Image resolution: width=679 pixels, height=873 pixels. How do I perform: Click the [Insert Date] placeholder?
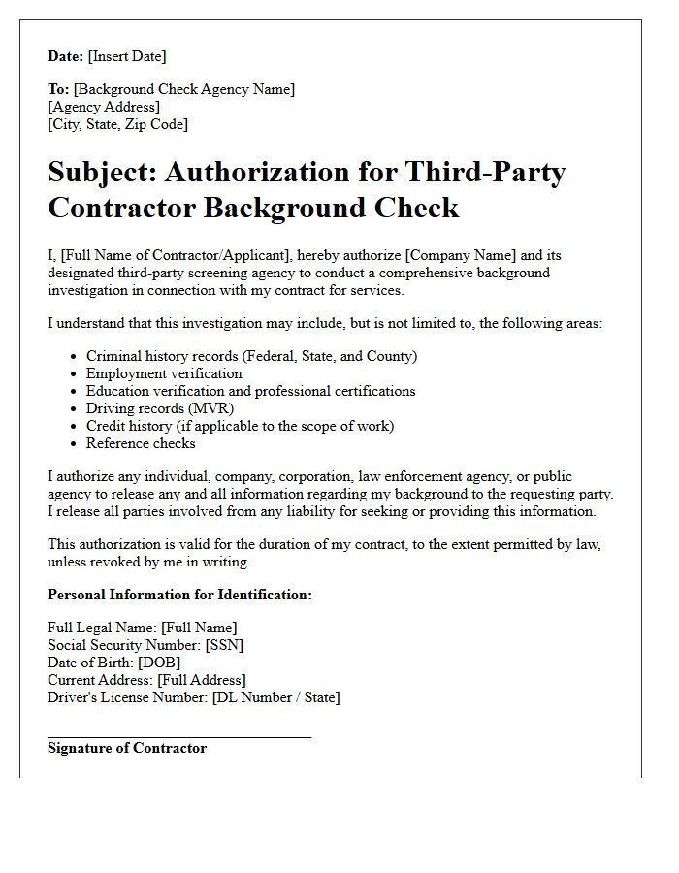pyautogui.click(x=127, y=56)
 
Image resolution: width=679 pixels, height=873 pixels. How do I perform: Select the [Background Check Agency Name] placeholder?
pyautogui.click(x=184, y=89)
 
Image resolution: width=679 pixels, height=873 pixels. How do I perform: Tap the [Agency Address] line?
pyautogui.click(x=104, y=107)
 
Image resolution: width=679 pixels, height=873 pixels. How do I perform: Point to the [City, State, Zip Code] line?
pyautogui.click(x=117, y=124)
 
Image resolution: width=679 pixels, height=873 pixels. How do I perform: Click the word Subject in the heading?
pyautogui.click(x=101, y=173)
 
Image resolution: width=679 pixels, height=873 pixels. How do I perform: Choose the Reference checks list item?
pyautogui.click(x=141, y=443)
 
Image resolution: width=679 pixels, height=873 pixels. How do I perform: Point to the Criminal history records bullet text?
pyautogui.click(x=251, y=356)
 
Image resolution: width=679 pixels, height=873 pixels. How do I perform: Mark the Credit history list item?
pyautogui.click(x=240, y=426)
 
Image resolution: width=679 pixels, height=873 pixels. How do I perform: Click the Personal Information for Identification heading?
pyautogui.click(x=179, y=595)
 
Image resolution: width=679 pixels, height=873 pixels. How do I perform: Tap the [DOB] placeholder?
pyautogui.click(x=159, y=663)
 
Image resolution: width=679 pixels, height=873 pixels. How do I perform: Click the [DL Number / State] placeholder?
pyautogui.click(x=276, y=697)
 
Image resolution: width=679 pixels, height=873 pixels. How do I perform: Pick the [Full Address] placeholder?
pyautogui.click(x=202, y=680)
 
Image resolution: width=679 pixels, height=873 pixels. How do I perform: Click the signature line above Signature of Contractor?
pyautogui.click(x=179, y=737)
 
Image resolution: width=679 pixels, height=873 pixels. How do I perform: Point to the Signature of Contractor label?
pyautogui.click(x=127, y=748)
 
